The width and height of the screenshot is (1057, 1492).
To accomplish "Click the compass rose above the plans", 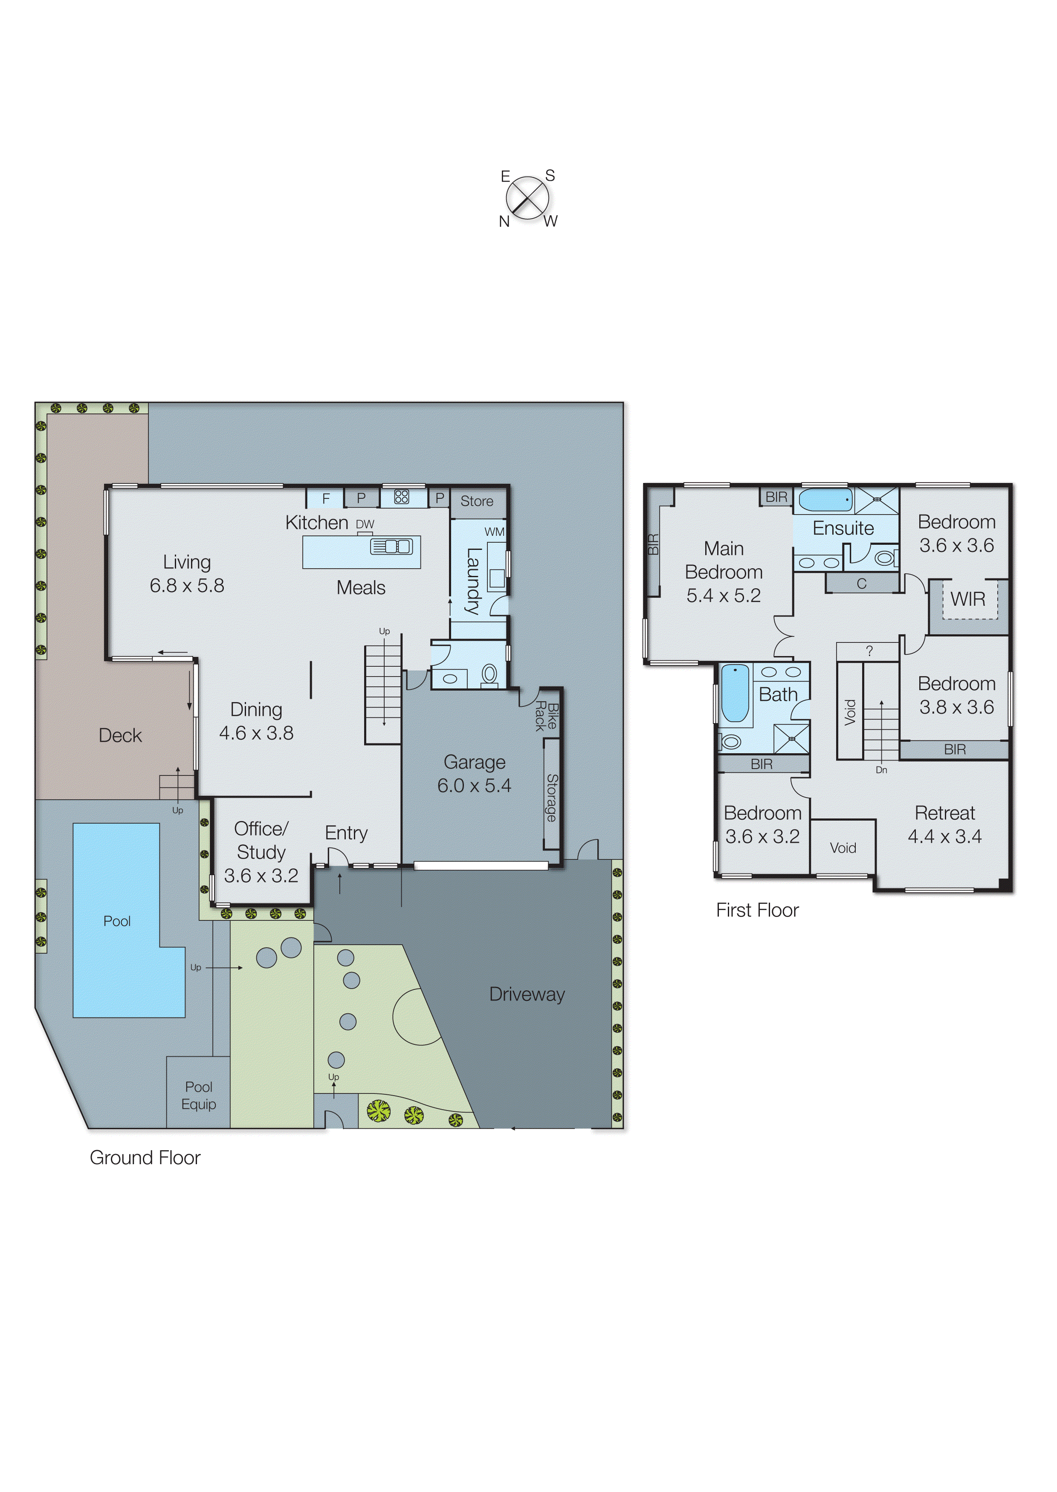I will [x=527, y=198].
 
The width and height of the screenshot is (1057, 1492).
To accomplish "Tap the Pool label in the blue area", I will [x=117, y=921].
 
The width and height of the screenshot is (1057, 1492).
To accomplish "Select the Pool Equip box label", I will [x=199, y=1095].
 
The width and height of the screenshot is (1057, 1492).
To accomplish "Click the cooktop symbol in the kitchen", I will [x=402, y=497].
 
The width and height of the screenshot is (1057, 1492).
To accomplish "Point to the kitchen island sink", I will [x=391, y=546].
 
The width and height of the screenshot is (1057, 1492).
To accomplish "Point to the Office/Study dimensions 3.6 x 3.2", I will [x=261, y=876].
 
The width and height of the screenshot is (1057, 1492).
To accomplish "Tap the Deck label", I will [x=120, y=735].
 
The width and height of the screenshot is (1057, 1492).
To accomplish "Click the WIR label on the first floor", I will [x=968, y=599].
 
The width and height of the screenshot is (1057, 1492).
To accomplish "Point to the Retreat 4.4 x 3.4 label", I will [x=944, y=824].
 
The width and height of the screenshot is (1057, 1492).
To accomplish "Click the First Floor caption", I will [x=757, y=910].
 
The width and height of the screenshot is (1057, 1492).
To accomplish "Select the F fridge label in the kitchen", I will [x=326, y=498].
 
